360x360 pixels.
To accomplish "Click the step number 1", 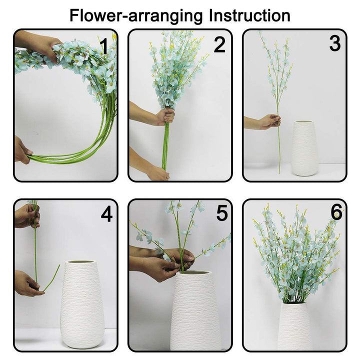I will (x=104, y=45).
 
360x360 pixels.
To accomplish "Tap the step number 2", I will (x=219, y=45).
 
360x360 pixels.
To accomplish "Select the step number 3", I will (x=334, y=43).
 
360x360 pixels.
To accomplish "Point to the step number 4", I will (x=106, y=214).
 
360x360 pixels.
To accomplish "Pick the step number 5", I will (x=221, y=213).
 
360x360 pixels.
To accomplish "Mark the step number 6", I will (x=336, y=212).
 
